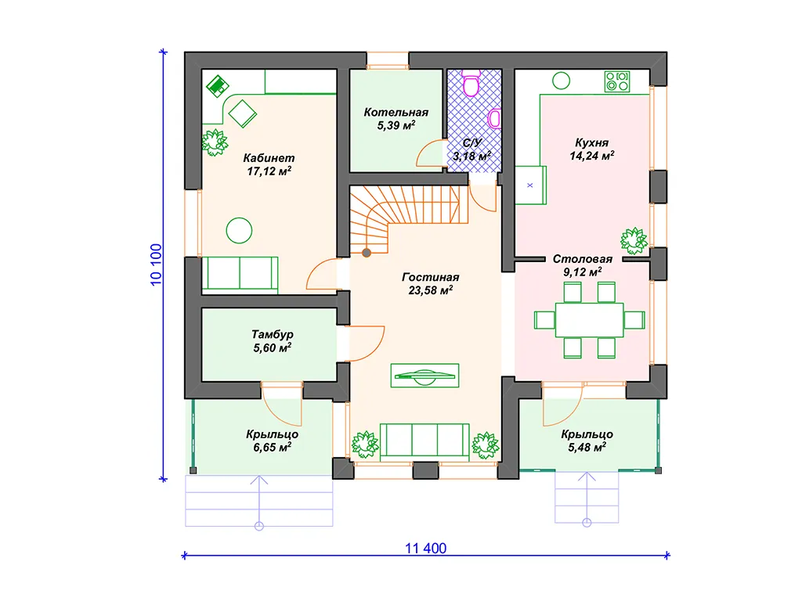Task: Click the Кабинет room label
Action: [x=269, y=158]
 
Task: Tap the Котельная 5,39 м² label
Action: [x=396, y=119]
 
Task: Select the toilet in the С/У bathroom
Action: [x=471, y=83]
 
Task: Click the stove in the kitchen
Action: [x=617, y=81]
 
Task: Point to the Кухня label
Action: [x=592, y=142]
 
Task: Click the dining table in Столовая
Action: [x=589, y=320]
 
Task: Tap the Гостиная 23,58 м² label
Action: [x=430, y=283]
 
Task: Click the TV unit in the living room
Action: [x=424, y=376]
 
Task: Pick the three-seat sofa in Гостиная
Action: [x=424, y=441]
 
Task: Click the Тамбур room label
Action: [x=272, y=334]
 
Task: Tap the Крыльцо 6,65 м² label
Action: [x=272, y=441]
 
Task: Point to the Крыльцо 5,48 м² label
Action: [x=587, y=441]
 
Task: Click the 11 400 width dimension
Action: [x=425, y=549]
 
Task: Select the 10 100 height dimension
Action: [x=156, y=265]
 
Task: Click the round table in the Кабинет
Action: [x=239, y=231]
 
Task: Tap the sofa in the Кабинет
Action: [x=240, y=275]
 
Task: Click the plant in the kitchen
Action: [x=634, y=240]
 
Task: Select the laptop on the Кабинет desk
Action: [x=218, y=86]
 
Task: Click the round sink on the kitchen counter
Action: [x=561, y=81]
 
